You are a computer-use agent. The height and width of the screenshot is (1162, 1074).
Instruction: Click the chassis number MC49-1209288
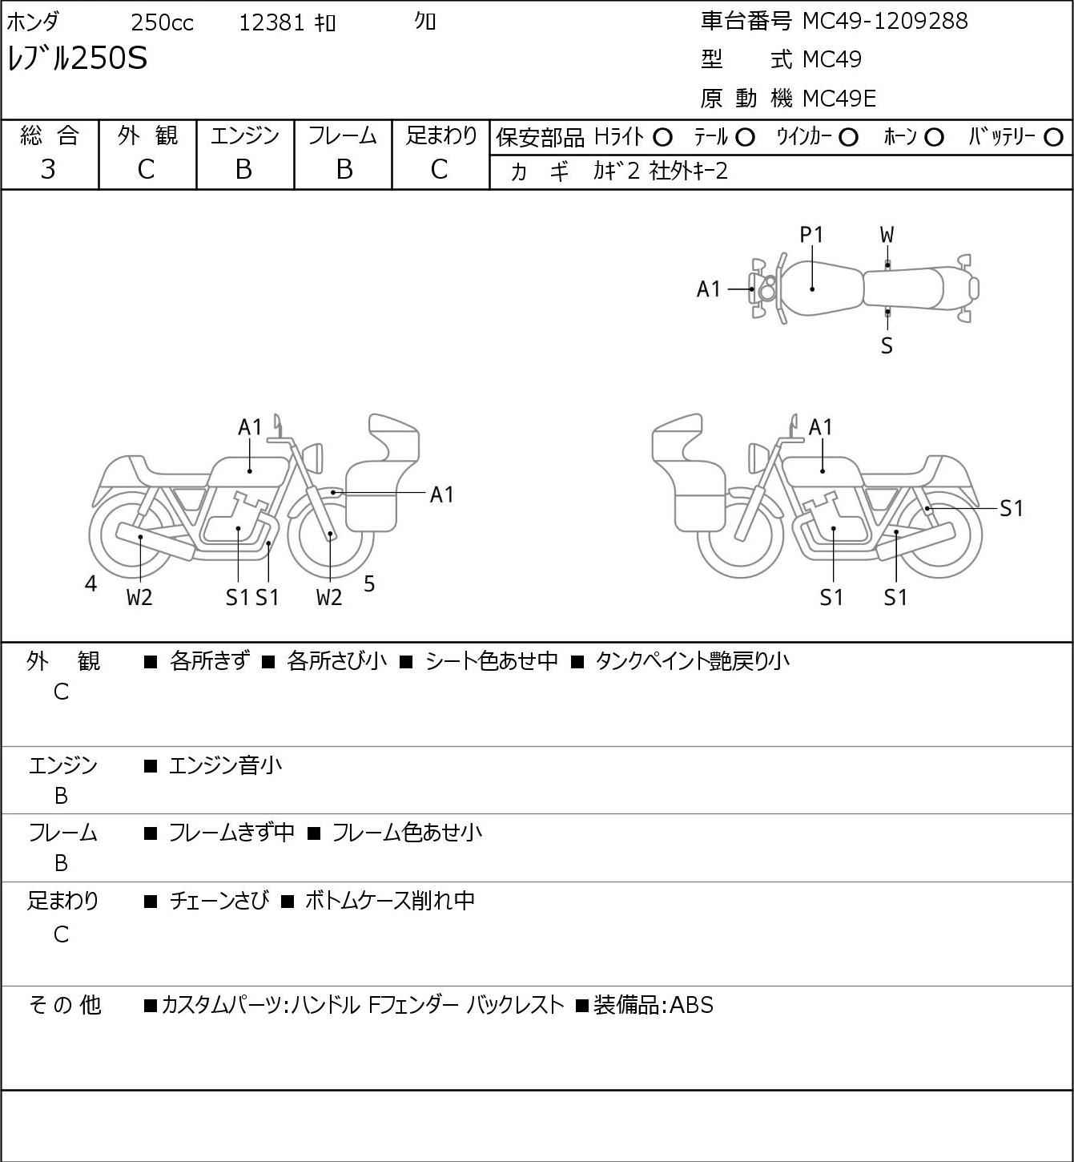pos(885,22)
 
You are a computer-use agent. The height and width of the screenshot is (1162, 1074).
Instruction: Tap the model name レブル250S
pos(77,58)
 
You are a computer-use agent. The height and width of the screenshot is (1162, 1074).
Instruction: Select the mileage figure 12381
pos(272,23)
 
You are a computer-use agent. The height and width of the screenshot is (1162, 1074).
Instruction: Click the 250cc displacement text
pos(162,23)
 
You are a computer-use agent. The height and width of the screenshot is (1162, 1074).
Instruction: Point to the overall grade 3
pos(48,170)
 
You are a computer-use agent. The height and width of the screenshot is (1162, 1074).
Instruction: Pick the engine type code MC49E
pos(839,99)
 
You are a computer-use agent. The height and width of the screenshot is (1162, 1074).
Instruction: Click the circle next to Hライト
pos(662,138)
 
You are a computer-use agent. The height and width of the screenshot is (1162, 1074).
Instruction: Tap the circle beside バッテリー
pos(1053,138)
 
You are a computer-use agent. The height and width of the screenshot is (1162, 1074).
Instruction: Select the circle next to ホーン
pos(934,138)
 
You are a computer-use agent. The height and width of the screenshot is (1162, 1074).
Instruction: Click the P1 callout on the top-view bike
pos(811,236)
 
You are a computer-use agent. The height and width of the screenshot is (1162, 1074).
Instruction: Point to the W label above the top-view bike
pos(887,236)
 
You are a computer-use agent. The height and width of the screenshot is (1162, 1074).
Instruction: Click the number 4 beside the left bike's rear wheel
pos(91,583)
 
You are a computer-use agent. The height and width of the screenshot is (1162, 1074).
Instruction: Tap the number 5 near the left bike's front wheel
pos(368,583)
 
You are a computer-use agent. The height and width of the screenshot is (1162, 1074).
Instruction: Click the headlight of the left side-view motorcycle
pos(313,458)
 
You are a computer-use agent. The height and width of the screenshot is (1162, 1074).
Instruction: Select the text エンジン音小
pos(225,765)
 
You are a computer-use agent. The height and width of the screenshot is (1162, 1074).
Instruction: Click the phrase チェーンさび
pos(219,901)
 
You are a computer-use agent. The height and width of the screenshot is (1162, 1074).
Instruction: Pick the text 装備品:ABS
pos(654,1005)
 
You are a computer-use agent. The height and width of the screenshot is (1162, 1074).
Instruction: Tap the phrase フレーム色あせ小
pos(407,833)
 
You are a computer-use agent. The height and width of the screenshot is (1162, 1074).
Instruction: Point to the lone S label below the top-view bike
pos(887,345)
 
